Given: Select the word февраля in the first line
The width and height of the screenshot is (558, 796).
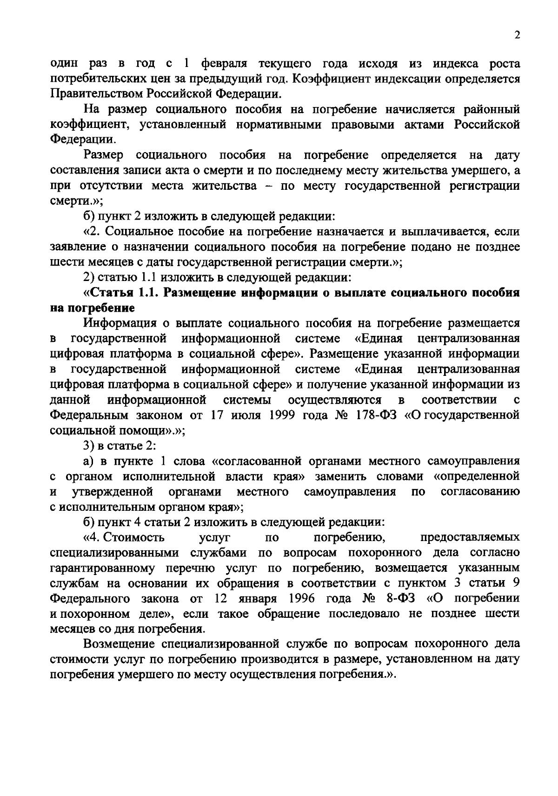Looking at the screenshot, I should (222, 63).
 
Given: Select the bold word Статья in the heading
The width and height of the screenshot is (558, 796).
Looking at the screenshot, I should (112, 293).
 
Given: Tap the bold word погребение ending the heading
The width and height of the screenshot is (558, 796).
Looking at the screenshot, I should (98, 308).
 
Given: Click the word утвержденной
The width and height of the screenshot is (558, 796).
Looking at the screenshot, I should (113, 492).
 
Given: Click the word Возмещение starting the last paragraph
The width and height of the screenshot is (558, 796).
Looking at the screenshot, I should (120, 644).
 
